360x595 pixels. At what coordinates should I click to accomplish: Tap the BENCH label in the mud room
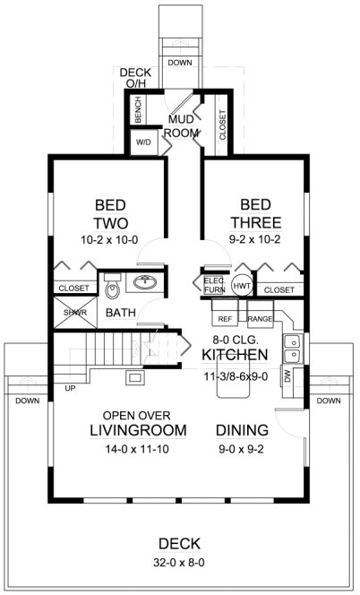click(x=139, y=111)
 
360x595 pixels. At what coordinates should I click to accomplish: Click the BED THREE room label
click(x=255, y=212)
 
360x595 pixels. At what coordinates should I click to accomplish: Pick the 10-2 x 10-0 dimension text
click(x=111, y=241)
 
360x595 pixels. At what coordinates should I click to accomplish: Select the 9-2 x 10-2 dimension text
click(x=255, y=241)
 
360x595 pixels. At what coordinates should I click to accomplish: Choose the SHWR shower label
click(x=69, y=313)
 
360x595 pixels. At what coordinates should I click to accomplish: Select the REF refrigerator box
click(x=226, y=317)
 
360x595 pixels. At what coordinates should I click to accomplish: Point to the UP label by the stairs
click(x=69, y=388)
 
